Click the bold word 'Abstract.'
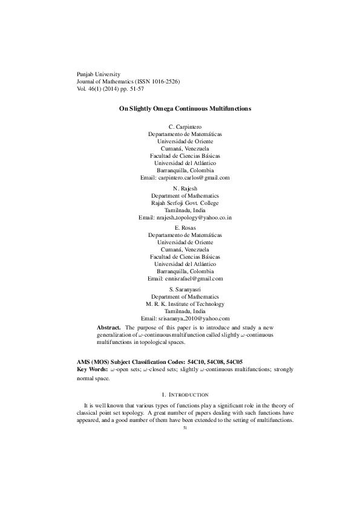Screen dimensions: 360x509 click(x=109, y=327)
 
